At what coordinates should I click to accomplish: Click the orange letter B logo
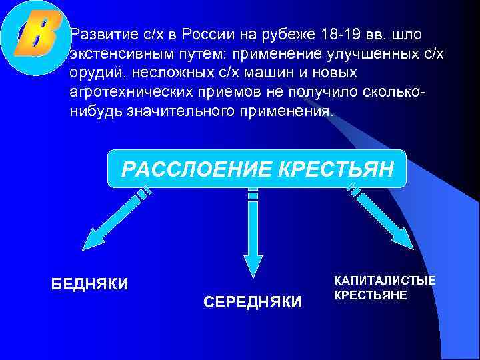(35, 37)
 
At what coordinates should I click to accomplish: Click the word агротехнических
(125, 91)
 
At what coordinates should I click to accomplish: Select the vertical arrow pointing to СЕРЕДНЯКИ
(253, 233)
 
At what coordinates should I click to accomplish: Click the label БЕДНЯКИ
(90, 285)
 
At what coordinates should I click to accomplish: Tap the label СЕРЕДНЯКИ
(252, 302)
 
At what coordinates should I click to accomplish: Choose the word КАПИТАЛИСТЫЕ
(385, 280)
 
